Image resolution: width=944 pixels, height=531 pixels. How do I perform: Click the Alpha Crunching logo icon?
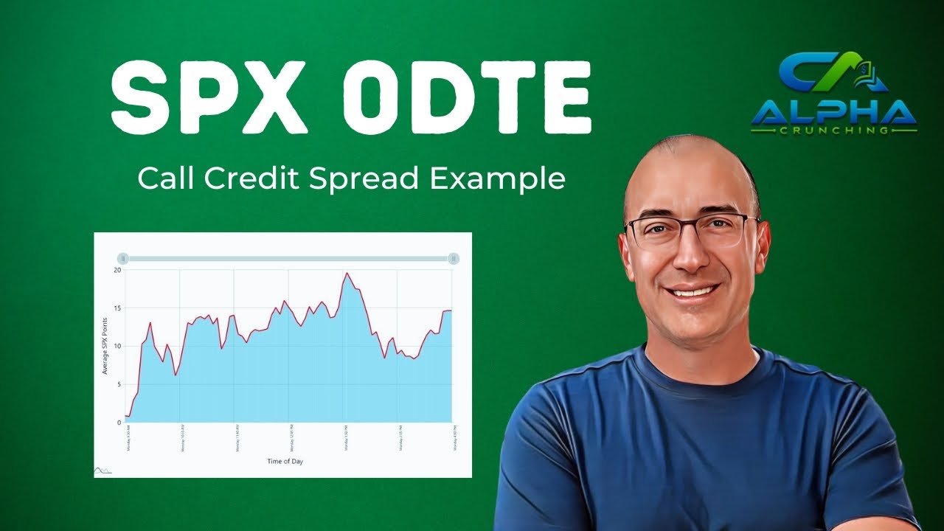pyautogui.click(x=833, y=74)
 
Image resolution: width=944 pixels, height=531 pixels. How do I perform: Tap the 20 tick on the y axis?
pyautogui.click(x=117, y=270)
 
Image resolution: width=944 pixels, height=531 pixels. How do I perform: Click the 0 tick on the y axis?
pyautogui.click(x=119, y=423)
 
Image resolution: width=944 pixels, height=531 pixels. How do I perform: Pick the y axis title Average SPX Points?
pyautogui.click(x=105, y=347)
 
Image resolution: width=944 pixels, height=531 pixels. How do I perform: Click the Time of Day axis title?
pyautogui.click(x=285, y=462)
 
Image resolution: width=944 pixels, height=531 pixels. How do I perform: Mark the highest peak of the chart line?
pyautogui.click(x=346, y=274)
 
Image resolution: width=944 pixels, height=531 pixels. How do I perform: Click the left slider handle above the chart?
pyautogui.click(x=123, y=258)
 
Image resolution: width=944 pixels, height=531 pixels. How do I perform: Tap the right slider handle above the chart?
pyautogui.click(x=454, y=258)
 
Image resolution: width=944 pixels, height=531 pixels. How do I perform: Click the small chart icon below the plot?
pyautogui.click(x=103, y=470)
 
